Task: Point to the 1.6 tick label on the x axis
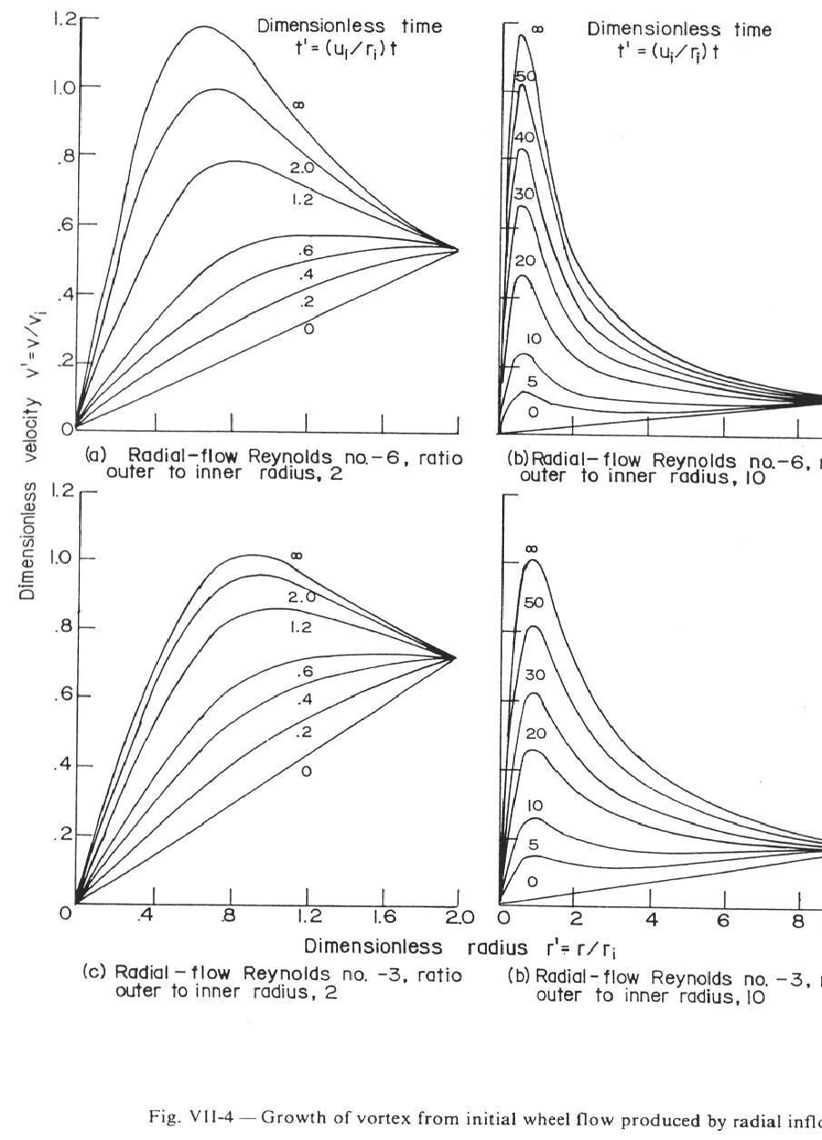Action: pyautogui.click(x=382, y=915)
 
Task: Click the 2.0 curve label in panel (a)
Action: pyautogui.click(x=302, y=168)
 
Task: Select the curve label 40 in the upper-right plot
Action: pyautogui.click(x=526, y=137)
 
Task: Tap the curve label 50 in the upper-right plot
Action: pyautogui.click(x=526, y=77)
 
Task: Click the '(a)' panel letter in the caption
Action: pyautogui.click(x=94, y=457)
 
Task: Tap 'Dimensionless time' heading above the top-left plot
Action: pyautogui.click(x=350, y=27)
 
